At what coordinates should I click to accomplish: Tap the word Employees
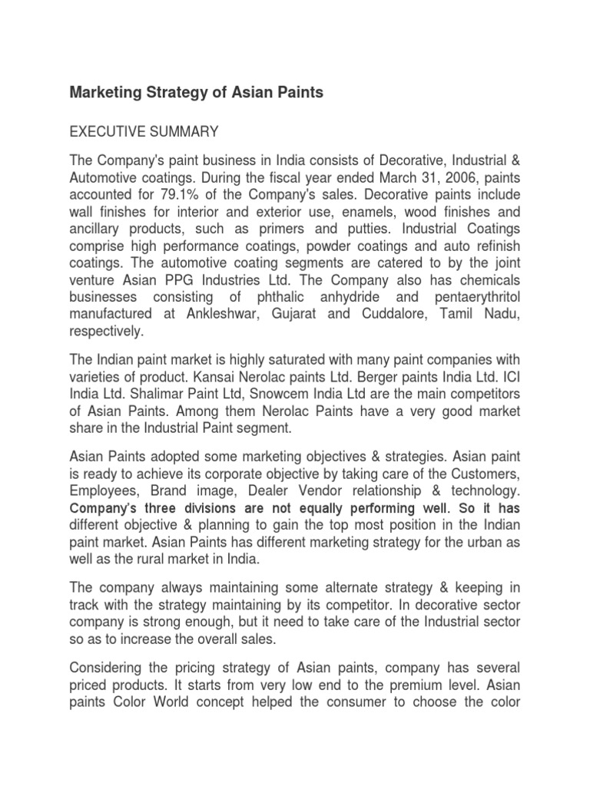[101, 490]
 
